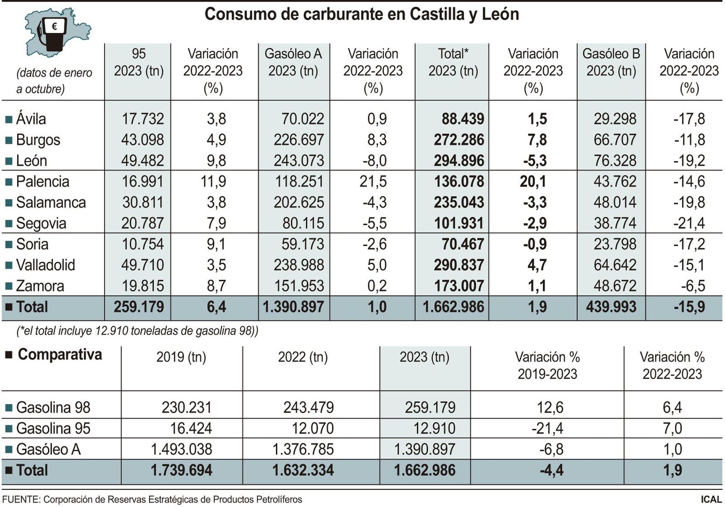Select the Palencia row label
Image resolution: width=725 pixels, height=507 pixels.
click(43, 182)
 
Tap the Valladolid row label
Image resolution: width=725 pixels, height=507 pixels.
click(45, 265)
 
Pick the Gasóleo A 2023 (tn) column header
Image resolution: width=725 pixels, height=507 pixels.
click(293, 62)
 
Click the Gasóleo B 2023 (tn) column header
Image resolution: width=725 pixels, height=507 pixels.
click(611, 62)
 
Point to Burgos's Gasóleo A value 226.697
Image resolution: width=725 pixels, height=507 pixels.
click(299, 140)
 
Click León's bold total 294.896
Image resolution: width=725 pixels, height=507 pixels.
click(459, 161)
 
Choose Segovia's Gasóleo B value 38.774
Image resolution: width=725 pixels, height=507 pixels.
click(615, 223)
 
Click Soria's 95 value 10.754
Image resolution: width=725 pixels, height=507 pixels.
click(143, 244)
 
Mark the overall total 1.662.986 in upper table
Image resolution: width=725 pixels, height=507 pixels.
click(453, 307)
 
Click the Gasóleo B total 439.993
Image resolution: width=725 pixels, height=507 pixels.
click(611, 307)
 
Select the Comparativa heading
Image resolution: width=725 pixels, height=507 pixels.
click(60, 354)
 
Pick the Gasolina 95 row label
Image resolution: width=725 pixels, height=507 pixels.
click(53, 428)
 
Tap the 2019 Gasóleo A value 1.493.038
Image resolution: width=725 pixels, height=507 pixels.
click(181, 449)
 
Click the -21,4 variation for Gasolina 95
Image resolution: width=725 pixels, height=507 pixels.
click(547, 428)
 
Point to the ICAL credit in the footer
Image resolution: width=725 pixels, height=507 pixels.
click(711, 499)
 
